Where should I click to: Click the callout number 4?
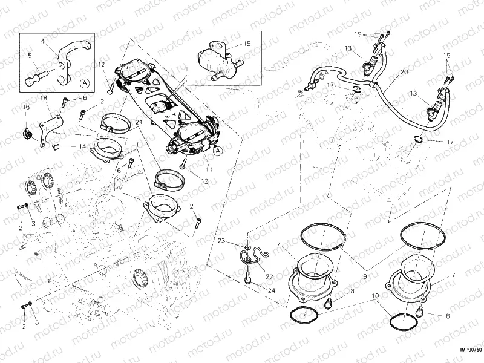tap(43, 41)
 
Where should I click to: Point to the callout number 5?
tap(29, 56)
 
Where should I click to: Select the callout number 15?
tap(247, 44)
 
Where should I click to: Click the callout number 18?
tap(43, 98)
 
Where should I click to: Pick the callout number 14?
tap(82, 146)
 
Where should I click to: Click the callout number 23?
tap(221, 241)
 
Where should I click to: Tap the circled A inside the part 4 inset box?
tap(84, 82)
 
